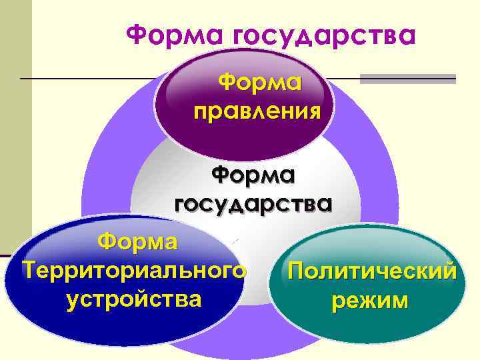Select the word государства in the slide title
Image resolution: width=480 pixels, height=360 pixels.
coord(323,34)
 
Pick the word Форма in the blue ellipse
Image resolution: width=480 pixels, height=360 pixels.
coord(137,241)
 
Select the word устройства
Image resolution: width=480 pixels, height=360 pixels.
coord(134,298)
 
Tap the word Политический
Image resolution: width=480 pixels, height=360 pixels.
coord(370,271)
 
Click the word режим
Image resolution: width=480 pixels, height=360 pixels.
coord(370,301)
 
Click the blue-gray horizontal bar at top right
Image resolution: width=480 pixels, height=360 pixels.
coord(407,79)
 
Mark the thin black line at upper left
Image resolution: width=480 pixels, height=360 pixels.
coord(87,79)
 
